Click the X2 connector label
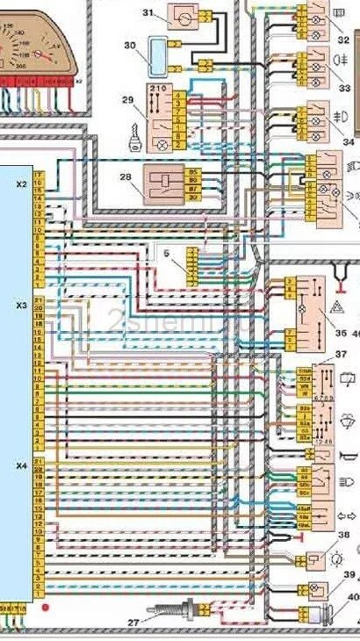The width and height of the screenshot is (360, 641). pos(20,185)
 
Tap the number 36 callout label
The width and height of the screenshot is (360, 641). pos(340,332)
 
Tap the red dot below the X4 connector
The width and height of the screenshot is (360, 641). pos(47,607)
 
